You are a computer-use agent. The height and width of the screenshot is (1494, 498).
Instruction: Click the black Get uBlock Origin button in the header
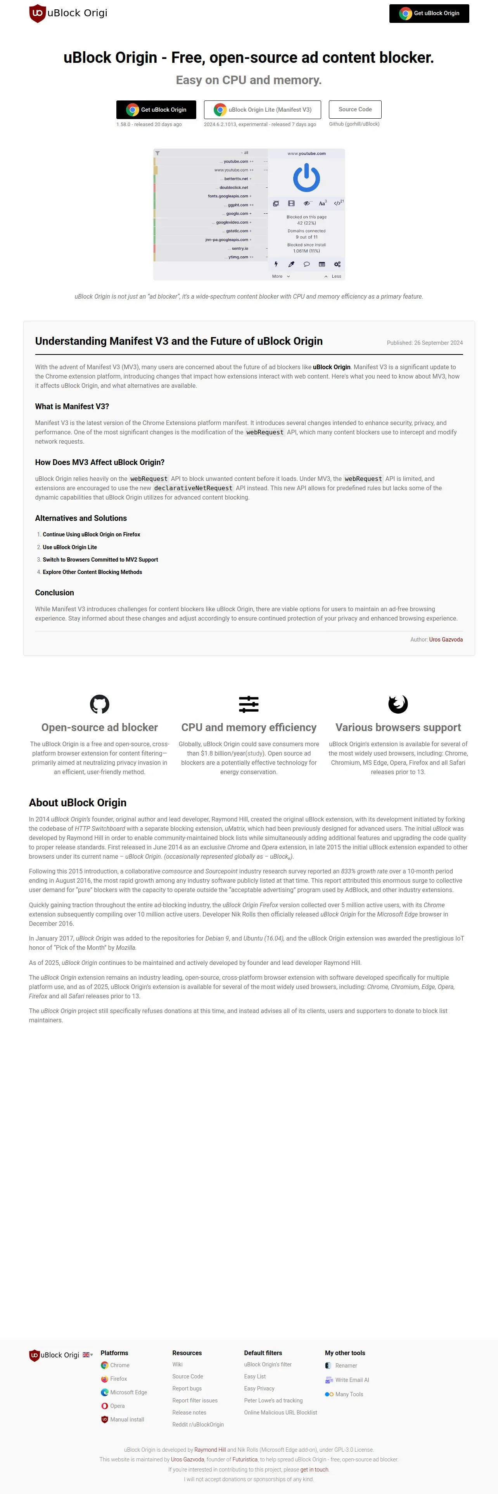click(x=429, y=13)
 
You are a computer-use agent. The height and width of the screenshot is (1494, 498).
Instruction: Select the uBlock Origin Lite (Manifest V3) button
click(x=263, y=110)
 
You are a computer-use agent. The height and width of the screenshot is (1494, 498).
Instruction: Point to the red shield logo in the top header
click(x=38, y=13)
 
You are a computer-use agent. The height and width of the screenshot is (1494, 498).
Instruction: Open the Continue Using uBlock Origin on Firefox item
click(x=91, y=534)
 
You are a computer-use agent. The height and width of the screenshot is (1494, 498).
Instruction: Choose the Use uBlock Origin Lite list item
click(x=69, y=547)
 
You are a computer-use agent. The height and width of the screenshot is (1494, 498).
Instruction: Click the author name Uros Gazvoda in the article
click(x=445, y=639)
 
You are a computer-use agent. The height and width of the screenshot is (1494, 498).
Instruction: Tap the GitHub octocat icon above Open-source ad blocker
click(x=100, y=704)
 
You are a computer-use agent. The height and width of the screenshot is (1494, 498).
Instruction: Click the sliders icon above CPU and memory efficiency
click(x=249, y=704)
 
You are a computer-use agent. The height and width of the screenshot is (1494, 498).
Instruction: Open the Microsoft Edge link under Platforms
click(x=128, y=1392)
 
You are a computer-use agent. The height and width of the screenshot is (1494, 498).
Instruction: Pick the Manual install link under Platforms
click(x=127, y=1419)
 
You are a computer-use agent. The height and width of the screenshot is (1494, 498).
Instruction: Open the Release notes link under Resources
click(x=189, y=1412)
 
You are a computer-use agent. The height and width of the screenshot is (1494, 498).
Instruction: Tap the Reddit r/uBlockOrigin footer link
click(x=198, y=1425)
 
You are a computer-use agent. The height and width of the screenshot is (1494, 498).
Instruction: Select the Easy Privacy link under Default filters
click(x=259, y=1389)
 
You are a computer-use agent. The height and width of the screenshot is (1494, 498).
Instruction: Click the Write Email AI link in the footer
click(x=352, y=1380)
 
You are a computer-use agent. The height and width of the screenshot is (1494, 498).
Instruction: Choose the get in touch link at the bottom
click(x=314, y=1469)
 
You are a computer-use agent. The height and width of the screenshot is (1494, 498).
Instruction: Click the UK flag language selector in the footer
click(x=87, y=1355)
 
